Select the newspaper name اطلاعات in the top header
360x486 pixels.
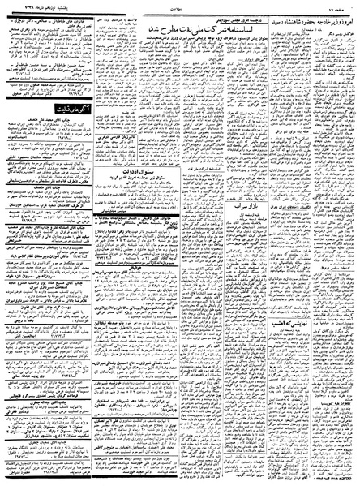tap(180, 6)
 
